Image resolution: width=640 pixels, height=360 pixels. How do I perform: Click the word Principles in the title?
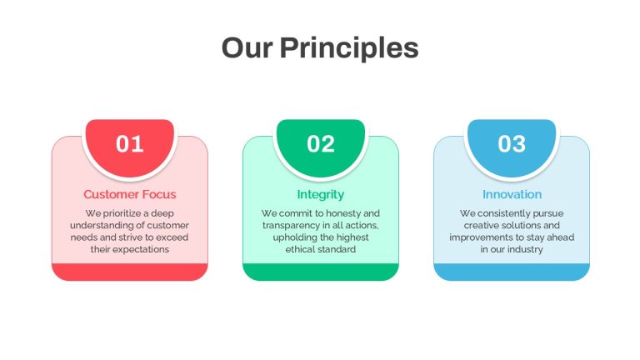(349, 48)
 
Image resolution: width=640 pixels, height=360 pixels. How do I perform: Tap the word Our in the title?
(247, 47)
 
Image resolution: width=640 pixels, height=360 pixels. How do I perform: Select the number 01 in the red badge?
(130, 143)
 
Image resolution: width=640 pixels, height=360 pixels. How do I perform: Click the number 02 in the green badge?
(321, 143)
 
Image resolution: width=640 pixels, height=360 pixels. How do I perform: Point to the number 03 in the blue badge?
(512, 143)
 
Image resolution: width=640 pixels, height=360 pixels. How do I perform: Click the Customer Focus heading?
(130, 194)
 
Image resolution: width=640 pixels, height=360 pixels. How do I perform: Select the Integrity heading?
(321, 195)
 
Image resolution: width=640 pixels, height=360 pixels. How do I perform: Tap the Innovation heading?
(512, 194)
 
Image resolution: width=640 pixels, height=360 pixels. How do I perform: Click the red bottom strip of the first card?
(130, 272)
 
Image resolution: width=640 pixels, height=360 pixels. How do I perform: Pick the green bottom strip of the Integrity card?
(321, 272)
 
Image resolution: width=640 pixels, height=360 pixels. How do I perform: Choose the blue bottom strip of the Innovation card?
(512, 272)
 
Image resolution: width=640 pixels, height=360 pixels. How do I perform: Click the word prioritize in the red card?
(122, 213)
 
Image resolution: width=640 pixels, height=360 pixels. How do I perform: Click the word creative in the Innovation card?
(479, 225)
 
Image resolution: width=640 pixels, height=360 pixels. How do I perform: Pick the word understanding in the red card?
(96, 226)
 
